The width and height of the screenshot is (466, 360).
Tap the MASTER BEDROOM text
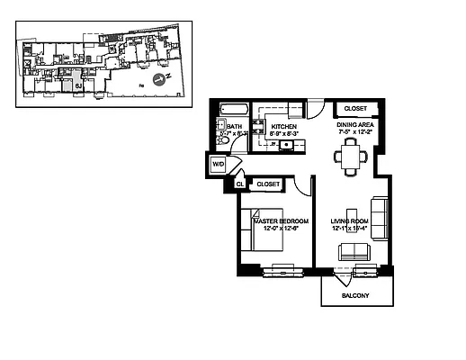pyautogui.click(x=281, y=220)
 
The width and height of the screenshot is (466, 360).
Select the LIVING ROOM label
pyautogui.click(x=349, y=220)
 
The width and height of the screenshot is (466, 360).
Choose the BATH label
pyautogui.click(x=235, y=127)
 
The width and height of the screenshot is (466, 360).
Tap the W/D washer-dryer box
pyautogui.click(x=219, y=165)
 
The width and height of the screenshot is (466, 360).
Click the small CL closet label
pyautogui.click(x=240, y=184)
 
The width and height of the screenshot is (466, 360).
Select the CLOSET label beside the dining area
pyautogui.click(x=355, y=108)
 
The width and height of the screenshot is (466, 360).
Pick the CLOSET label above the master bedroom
pyautogui.click(x=268, y=184)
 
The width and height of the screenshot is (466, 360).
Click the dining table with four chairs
pyautogui.click(x=351, y=157)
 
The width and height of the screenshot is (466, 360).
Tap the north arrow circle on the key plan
pyautogui.click(x=157, y=79)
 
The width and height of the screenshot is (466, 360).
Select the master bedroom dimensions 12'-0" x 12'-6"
pyautogui.click(x=281, y=228)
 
